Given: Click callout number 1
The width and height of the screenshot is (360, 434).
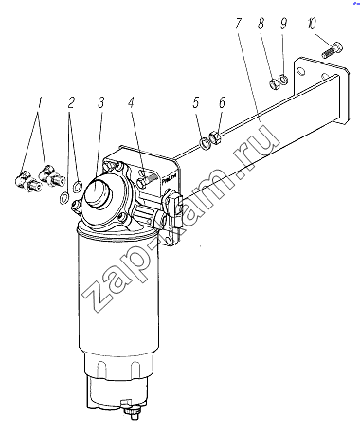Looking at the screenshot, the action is (39, 102).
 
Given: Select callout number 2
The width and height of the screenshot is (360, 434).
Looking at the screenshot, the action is (71, 102).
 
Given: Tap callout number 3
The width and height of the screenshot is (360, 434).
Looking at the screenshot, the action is (100, 102).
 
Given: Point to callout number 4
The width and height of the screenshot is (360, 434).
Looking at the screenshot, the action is (132, 102).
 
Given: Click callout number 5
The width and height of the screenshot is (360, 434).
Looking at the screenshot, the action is (196, 102).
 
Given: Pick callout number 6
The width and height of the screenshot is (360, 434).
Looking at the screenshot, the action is (223, 102).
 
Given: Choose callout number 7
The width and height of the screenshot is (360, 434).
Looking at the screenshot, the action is (239, 24).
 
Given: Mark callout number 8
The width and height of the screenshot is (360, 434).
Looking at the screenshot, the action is (261, 24).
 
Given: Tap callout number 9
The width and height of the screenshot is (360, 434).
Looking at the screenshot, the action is (283, 24).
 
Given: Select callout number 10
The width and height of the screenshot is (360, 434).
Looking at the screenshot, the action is (311, 24).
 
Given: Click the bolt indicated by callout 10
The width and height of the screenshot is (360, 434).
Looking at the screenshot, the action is (333, 50).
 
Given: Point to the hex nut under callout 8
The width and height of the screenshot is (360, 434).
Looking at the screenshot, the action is (273, 83).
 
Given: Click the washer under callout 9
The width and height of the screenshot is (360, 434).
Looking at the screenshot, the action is (284, 79).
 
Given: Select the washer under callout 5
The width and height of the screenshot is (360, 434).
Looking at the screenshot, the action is (206, 144).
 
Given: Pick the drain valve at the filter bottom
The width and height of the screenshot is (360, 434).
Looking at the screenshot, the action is (131, 409).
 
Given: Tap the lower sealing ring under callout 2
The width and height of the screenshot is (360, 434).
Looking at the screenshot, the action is (63, 197).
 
